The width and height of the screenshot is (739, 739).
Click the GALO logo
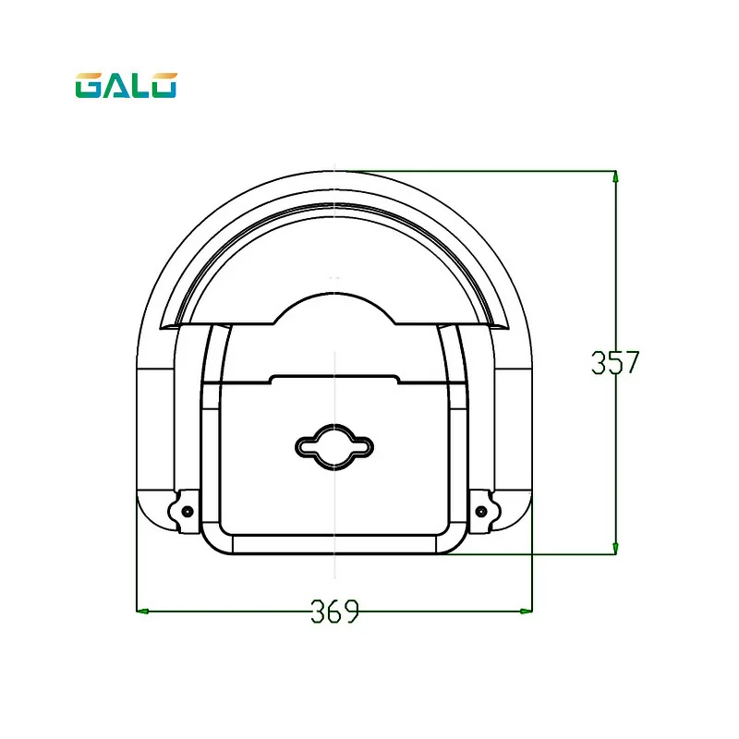tap(126, 85)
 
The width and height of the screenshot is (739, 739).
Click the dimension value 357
tap(615, 362)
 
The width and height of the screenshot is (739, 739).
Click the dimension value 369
tap(334, 612)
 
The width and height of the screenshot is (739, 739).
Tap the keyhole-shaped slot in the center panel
tap(334, 447)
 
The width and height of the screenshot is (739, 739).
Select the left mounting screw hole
tap(188, 512)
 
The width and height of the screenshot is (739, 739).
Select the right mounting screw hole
tap(481, 512)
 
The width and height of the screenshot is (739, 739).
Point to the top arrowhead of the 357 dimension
tap(615, 176)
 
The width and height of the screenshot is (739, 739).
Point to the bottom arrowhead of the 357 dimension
tap(615, 548)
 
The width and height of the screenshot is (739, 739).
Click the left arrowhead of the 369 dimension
tap(142, 611)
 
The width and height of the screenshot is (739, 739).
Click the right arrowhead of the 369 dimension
tap(526, 611)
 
